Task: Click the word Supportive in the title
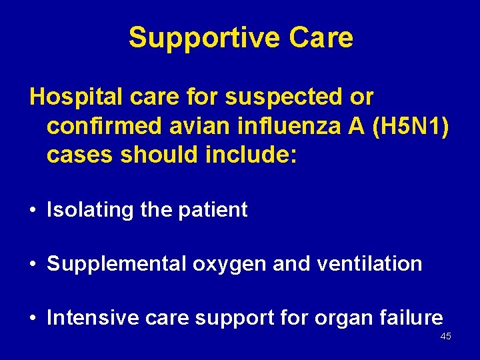[x=204, y=38]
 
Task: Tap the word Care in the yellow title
[x=321, y=38]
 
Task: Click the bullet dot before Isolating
[x=33, y=211]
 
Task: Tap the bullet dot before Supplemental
[x=33, y=265]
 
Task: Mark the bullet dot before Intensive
[x=33, y=319]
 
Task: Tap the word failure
[x=411, y=318]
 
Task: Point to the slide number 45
[x=445, y=337]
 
